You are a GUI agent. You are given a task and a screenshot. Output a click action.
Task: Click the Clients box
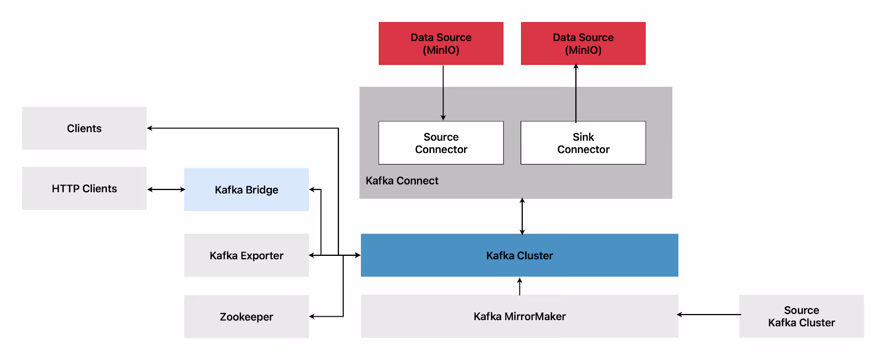tap(84, 128)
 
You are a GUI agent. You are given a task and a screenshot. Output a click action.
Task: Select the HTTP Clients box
tap(84, 188)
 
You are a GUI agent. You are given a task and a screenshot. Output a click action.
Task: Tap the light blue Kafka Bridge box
tap(246, 189)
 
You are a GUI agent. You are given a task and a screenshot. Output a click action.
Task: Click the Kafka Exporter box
tap(246, 255)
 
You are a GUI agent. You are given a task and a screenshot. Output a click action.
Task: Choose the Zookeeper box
tap(246, 316)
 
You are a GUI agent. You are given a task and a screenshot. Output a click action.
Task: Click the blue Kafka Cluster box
tap(519, 255)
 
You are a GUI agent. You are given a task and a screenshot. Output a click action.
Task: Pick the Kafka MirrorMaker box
tap(519, 316)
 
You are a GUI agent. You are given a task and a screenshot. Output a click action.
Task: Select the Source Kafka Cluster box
tap(801, 316)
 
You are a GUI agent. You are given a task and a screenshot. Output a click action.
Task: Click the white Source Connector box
tap(441, 143)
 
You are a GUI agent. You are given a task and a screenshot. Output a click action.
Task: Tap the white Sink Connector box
tap(583, 143)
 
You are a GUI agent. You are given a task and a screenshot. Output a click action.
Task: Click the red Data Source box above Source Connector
tap(441, 44)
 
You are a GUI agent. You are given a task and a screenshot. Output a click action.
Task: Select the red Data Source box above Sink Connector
tap(583, 44)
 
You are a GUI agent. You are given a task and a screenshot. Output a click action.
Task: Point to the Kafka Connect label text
tap(402, 181)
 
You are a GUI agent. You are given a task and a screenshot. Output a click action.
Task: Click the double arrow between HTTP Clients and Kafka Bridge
tap(166, 189)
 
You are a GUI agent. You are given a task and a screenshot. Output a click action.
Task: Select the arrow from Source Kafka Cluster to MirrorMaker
tap(709, 315)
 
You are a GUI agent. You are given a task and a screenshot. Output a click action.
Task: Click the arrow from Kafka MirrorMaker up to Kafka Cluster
tap(519, 286)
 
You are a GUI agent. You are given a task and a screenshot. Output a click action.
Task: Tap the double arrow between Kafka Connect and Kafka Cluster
tap(522, 216)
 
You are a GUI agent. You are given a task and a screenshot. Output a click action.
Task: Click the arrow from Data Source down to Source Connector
tap(443, 92)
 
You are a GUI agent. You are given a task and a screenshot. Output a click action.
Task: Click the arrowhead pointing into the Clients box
tap(150, 128)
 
